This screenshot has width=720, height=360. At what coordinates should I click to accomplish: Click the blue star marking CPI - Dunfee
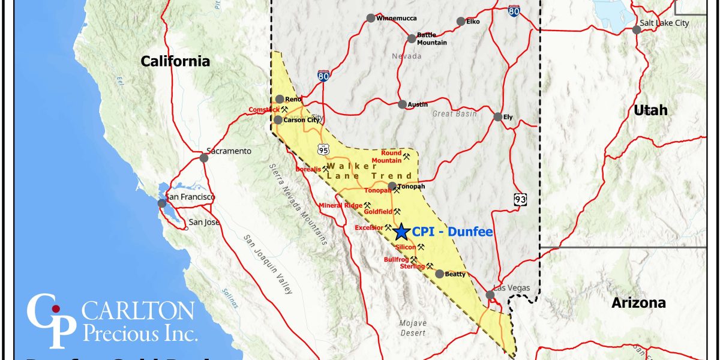[x=402, y=231]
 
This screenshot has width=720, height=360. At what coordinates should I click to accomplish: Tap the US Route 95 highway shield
[x=323, y=148]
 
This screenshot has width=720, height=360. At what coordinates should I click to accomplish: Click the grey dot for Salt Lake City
[x=637, y=29]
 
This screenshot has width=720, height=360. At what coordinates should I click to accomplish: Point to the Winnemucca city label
[x=396, y=18]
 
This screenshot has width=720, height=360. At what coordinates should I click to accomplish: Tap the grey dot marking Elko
[x=460, y=22]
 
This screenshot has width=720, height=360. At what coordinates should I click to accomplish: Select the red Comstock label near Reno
[x=264, y=110]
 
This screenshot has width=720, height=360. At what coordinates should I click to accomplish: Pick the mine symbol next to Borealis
[x=326, y=169]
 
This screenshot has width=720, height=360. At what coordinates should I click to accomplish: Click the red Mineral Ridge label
[x=340, y=205]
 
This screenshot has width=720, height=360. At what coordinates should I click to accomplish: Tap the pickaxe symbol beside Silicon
[x=421, y=247]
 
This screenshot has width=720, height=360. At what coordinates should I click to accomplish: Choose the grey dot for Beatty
[x=440, y=274]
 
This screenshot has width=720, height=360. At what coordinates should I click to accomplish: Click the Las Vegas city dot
[x=490, y=295]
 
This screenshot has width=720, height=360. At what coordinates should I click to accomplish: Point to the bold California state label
[x=175, y=61]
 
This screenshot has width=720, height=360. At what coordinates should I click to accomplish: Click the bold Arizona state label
[x=638, y=303]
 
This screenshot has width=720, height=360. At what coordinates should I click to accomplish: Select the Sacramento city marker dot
[x=204, y=158]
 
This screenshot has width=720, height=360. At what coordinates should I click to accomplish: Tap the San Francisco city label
[x=190, y=197]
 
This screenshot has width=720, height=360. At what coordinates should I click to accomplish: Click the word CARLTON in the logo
[x=137, y=311]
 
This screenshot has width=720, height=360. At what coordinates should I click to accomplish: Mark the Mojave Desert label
[x=413, y=328]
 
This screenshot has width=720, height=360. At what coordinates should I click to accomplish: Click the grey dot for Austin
[x=402, y=104]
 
